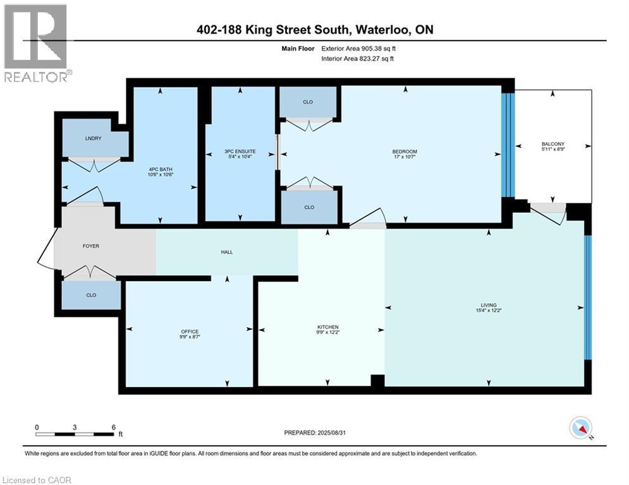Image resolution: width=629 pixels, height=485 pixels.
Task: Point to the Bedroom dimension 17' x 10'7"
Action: [x=404, y=157]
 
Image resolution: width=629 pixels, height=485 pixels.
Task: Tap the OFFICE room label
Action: [x=190, y=332]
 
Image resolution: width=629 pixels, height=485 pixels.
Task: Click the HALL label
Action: [x=227, y=252]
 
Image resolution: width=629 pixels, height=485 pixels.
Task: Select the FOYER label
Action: [x=91, y=246]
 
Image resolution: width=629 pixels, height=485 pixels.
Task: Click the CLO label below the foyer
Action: [x=91, y=295]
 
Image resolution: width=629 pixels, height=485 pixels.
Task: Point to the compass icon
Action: [x=580, y=428]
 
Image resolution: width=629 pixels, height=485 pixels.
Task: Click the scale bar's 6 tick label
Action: [x=113, y=426]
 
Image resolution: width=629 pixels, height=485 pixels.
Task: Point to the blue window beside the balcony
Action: [x=507, y=145]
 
